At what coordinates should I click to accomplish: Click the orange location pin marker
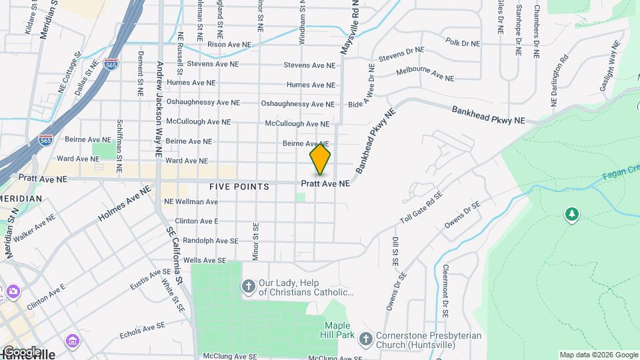point(320,159)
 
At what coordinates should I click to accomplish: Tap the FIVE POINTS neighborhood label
point(239,187)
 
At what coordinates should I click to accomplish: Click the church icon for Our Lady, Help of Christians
point(248,286)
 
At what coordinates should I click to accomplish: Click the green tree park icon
point(571,214)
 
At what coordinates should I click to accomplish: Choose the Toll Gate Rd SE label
point(421,208)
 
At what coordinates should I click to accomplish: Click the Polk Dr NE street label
point(463,43)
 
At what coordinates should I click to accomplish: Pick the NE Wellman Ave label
point(191,201)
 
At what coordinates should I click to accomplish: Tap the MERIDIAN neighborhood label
point(21,199)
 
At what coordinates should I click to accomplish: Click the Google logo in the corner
point(22,351)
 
